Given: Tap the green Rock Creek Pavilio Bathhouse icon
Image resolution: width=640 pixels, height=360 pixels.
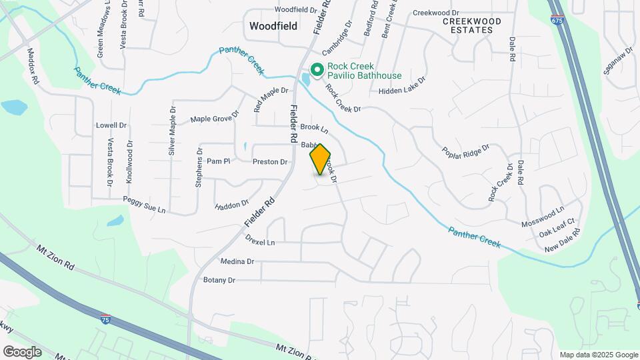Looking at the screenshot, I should click(317, 69).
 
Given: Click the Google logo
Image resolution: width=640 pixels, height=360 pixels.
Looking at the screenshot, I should click(22, 351).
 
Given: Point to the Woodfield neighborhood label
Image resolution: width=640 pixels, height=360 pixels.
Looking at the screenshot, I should click(273, 26).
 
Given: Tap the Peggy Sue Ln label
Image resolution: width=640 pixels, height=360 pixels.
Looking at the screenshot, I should click(144, 205).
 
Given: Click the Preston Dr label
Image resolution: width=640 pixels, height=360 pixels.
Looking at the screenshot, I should click(270, 162).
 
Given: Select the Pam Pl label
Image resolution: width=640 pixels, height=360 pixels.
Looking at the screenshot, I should click(218, 161).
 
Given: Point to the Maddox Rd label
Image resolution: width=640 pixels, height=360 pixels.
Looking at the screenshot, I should click(33, 65).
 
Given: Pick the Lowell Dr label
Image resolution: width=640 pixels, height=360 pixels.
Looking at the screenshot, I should click(111, 125).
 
